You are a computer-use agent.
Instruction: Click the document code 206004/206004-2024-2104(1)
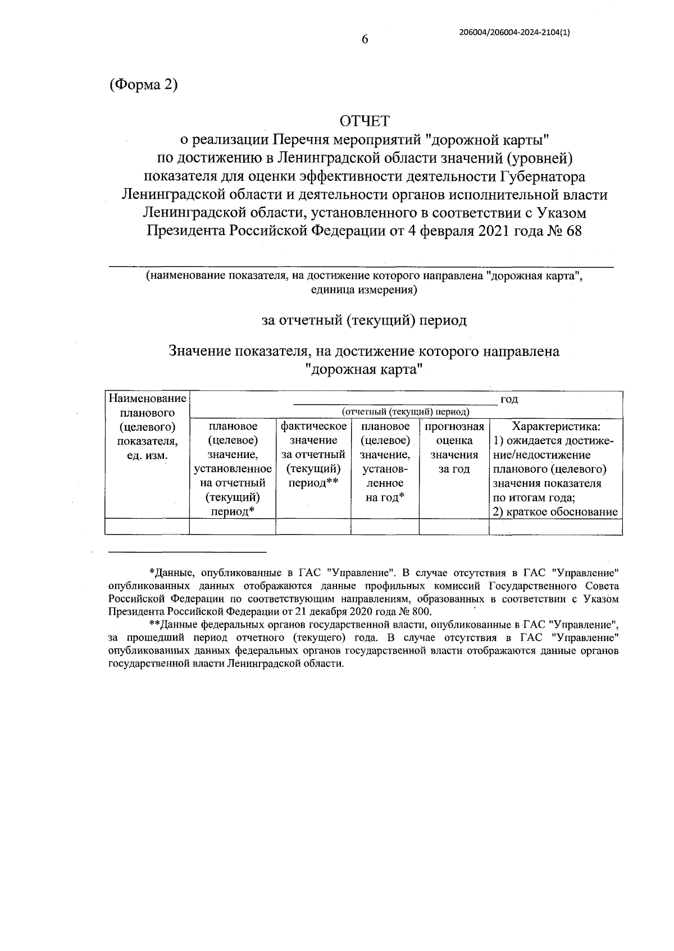coord(514,33)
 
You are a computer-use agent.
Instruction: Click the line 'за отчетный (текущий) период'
coord(364,321)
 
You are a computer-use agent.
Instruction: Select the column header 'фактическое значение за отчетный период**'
coord(313,455)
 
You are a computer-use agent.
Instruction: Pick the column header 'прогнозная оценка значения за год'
coord(454,447)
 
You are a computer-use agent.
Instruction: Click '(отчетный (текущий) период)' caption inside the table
coord(406,412)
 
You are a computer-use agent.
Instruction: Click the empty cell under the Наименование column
coord(147,527)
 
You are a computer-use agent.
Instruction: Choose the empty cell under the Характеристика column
coord(555,527)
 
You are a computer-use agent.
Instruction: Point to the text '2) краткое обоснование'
coord(555,511)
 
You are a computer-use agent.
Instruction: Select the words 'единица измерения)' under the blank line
coord(363,290)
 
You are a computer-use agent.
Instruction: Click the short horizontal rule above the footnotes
coord(188,551)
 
